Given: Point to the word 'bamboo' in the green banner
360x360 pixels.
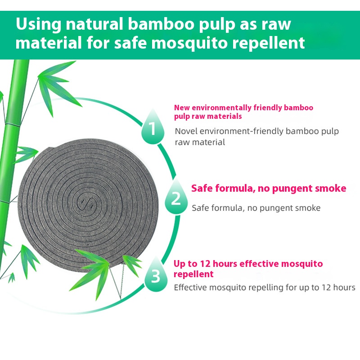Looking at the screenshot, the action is (x=161, y=24).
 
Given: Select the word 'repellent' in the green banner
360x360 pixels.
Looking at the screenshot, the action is (x=268, y=44).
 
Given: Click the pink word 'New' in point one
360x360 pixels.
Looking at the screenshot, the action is (x=182, y=108).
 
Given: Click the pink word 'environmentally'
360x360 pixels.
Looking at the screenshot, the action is (x=221, y=108).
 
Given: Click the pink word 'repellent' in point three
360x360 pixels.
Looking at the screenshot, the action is (x=193, y=274).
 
